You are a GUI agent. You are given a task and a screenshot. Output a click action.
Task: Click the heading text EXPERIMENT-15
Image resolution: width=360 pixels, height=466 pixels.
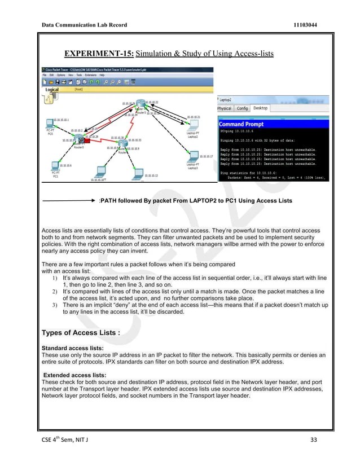(99, 54)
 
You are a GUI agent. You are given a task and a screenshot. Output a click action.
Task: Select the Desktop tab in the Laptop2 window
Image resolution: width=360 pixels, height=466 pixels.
(261, 108)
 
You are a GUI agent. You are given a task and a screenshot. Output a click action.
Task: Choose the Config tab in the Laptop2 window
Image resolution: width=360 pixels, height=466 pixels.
(242, 108)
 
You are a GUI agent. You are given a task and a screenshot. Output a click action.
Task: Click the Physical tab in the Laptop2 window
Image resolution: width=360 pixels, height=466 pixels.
(225, 108)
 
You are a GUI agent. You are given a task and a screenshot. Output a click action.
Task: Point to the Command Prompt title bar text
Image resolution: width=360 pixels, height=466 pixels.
(239, 124)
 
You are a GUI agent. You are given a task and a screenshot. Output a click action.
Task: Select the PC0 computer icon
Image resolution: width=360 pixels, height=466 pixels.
(50, 125)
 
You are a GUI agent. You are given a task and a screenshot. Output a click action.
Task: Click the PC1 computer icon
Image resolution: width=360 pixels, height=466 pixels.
(55, 166)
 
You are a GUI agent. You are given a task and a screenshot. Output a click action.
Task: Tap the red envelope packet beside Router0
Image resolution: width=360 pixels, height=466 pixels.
(83, 139)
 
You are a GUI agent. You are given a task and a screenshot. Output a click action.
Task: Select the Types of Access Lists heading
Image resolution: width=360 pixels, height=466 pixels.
(81, 332)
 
